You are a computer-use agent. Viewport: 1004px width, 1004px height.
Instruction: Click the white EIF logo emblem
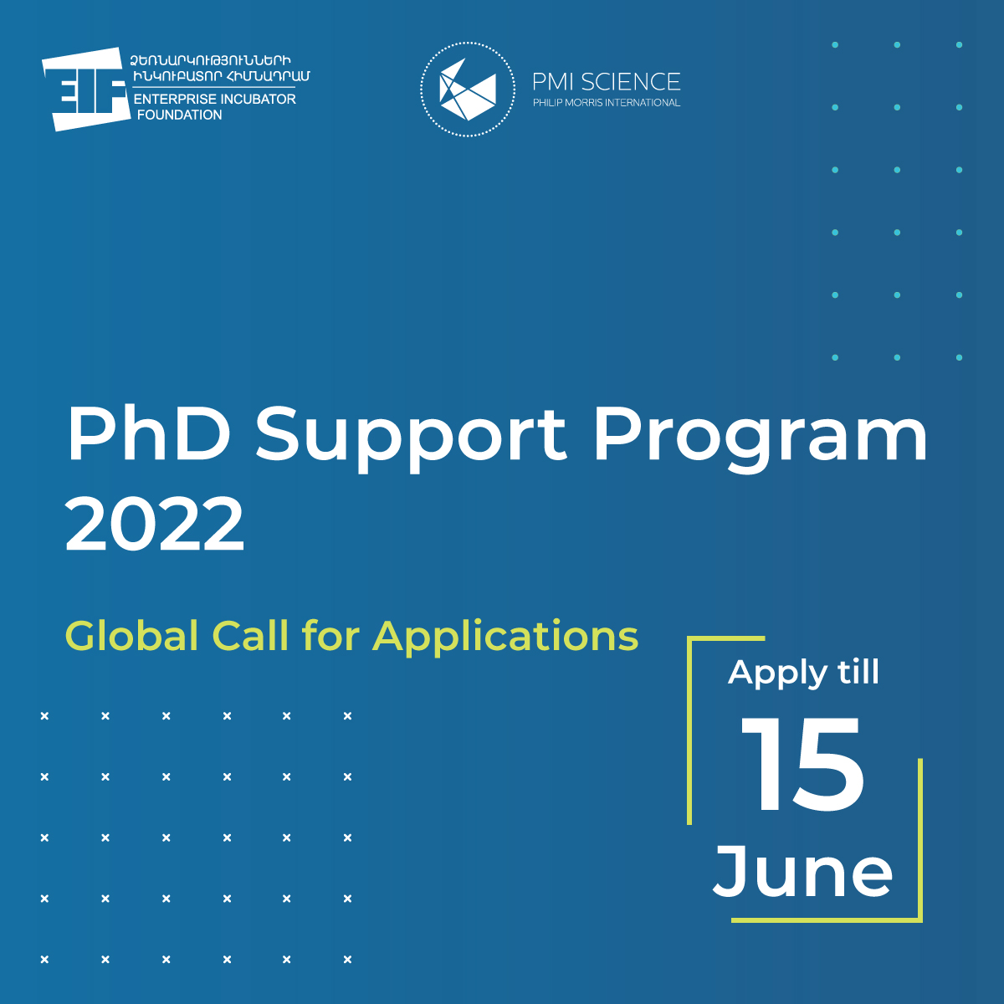click(x=86, y=89)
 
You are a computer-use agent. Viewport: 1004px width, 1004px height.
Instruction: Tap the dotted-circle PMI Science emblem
click(x=468, y=89)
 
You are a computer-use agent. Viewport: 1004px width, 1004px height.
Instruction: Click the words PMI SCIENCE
click(x=607, y=82)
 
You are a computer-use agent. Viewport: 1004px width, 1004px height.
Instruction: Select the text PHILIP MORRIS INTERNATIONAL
click(x=607, y=103)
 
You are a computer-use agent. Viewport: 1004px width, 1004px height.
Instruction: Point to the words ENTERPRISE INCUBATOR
click(x=215, y=99)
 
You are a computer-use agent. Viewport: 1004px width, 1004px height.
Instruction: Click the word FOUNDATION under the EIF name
click(x=180, y=115)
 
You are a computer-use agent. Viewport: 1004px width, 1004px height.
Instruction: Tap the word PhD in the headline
click(x=149, y=433)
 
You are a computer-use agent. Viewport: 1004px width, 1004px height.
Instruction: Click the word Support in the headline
click(x=411, y=440)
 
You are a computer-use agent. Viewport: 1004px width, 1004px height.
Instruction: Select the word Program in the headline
click(x=761, y=440)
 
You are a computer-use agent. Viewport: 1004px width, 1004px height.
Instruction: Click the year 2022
click(x=155, y=523)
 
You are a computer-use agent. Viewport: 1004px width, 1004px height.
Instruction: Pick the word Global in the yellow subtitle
click(x=132, y=635)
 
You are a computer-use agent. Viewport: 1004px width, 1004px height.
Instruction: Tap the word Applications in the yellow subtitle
click(x=505, y=638)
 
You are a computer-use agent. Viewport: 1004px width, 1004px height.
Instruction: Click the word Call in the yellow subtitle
click(x=250, y=635)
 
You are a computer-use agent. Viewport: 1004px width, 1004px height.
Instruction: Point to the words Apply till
click(x=803, y=674)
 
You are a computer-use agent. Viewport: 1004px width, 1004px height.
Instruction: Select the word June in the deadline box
click(x=803, y=873)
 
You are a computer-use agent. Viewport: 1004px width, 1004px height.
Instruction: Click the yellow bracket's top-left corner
click(x=689, y=638)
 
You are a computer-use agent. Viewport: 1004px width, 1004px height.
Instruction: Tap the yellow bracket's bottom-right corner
click(x=920, y=920)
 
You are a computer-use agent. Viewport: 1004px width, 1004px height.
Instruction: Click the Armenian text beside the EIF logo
click(x=220, y=69)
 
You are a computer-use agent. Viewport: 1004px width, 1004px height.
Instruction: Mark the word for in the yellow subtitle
click(x=330, y=635)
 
